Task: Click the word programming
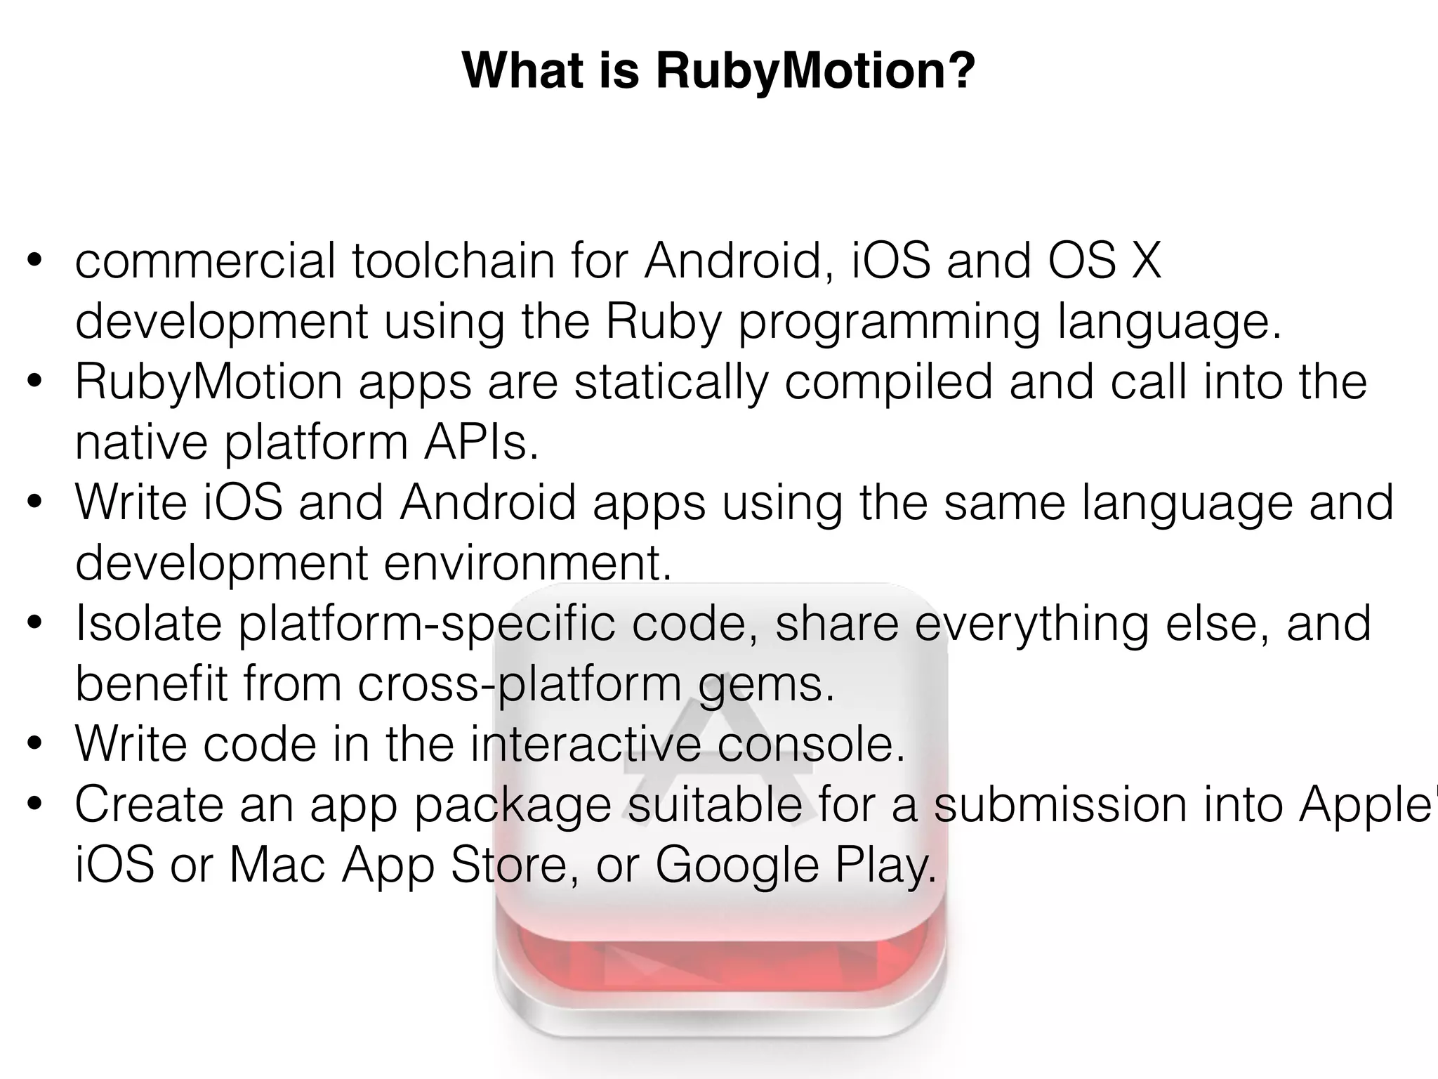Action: tap(888, 322)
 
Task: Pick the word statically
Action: tap(671, 382)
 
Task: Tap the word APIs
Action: tap(481, 443)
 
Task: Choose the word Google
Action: tap(737, 865)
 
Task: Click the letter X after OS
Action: tap(1147, 261)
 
